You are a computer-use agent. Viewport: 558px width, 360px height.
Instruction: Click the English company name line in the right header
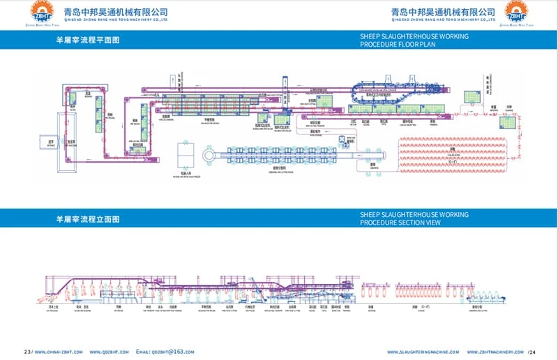[x=444, y=20]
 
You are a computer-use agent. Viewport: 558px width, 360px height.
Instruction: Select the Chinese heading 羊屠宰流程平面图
[x=88, y=40]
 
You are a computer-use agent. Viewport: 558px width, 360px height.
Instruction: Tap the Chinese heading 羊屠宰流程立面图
[x=88, y=219]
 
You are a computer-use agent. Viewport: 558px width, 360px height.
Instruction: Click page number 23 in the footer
[x=27, y=352]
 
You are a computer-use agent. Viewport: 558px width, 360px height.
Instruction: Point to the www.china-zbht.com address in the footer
[x=61, y=352]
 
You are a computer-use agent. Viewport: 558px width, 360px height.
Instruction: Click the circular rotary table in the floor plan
[x=209, y=155]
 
